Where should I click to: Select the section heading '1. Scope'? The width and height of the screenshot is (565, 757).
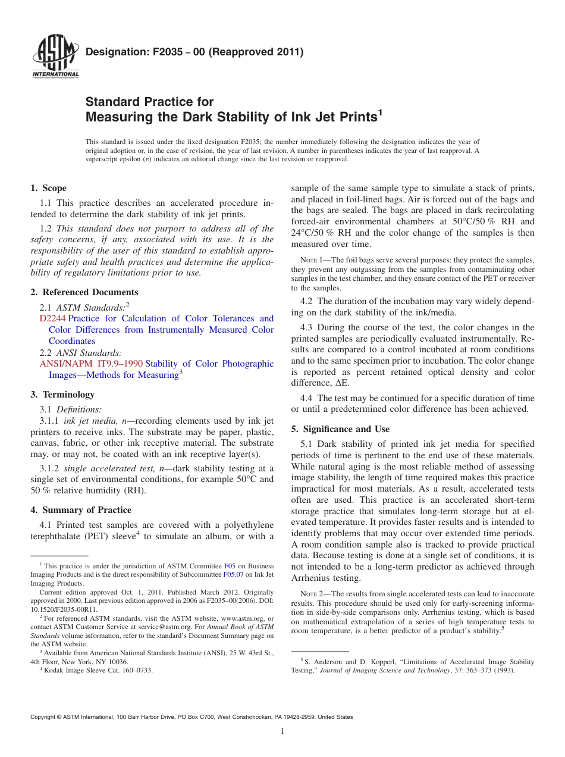[49, 188]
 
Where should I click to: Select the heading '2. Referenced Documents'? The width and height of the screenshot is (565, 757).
[84, 292]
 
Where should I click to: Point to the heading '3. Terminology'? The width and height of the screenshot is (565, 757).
[62, 395]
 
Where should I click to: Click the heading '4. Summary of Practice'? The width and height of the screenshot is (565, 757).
[81, 510]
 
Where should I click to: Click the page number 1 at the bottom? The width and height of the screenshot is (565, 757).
[282, 731]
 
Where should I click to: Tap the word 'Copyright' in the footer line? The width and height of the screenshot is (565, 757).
[44, 717]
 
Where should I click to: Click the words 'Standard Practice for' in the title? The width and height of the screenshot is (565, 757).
[149, 102]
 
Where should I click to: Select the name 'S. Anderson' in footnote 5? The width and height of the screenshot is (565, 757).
[324, 662]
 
